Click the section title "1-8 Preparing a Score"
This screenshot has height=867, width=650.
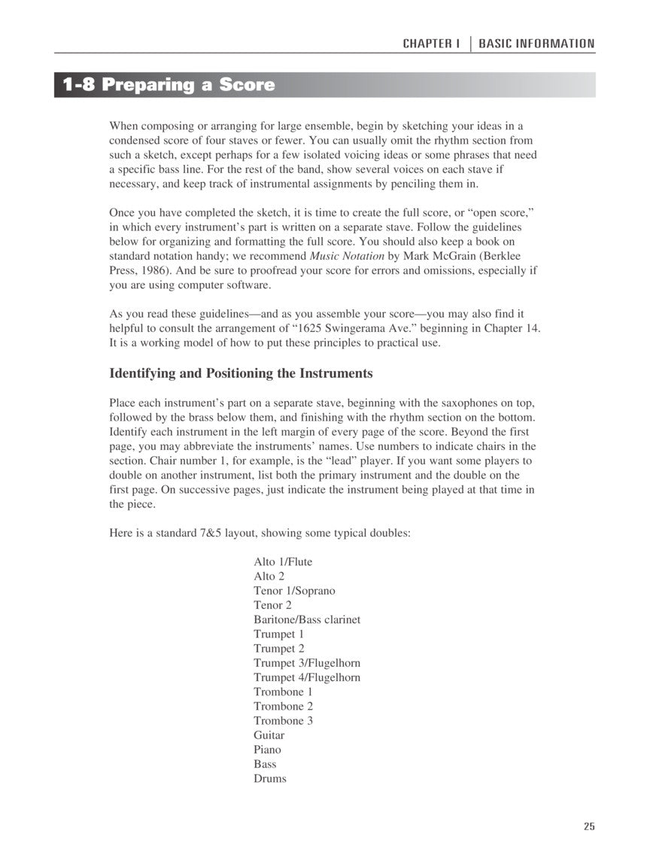coord(169,85)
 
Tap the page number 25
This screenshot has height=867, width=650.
coord(588,826)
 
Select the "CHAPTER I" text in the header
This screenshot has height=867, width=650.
coord(430,44)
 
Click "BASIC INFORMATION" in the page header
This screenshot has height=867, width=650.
coord(536,44)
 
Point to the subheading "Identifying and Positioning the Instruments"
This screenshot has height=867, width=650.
coord(241,373)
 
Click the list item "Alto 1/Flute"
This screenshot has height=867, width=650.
coord(283,561)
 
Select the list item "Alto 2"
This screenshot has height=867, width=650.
coord(269,576)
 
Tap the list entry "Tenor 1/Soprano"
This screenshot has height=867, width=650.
coord(294,590)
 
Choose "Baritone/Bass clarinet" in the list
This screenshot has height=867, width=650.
coord(307,619)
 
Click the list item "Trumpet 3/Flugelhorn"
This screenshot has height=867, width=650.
coord(307,663)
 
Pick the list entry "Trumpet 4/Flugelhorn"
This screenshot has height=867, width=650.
coord(307,677)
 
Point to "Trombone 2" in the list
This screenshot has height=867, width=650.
coord(284,706)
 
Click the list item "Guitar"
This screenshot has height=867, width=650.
coord(269,735)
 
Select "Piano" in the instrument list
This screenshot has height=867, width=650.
coord(267,749)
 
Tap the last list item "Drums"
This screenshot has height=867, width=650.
coord(270,778)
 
